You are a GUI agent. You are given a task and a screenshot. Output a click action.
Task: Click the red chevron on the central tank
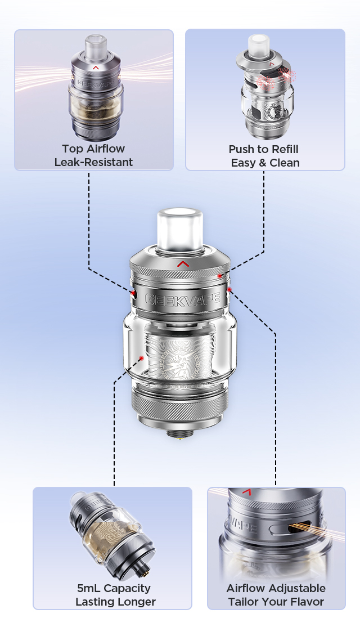click(183, 265)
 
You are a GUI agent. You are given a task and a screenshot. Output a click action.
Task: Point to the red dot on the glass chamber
click(142, 358)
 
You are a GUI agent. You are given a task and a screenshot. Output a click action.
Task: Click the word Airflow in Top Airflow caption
click(105, 149)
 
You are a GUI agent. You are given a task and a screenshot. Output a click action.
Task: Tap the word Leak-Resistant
click(93, 162)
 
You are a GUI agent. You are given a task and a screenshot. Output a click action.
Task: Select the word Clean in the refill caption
click(284, 163)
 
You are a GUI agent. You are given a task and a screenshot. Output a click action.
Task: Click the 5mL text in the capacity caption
click(89, 588)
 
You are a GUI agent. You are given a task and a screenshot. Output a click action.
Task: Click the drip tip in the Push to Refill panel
click(256, 44)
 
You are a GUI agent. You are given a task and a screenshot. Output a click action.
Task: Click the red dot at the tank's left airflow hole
click(133, 293)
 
